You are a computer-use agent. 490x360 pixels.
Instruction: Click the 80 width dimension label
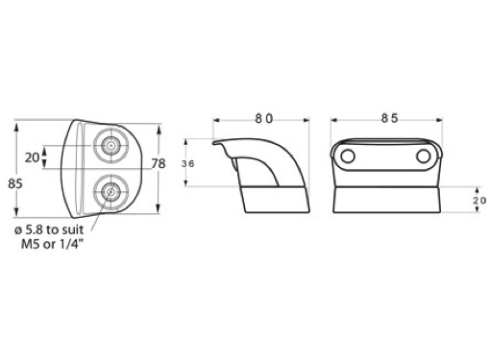pyautogui.click(x=264, y=119)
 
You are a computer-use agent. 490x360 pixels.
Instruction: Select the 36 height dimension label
pyautogui.click(x=187, y=164)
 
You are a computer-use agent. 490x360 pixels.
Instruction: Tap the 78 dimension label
pyautogui.click(x=159, y=164)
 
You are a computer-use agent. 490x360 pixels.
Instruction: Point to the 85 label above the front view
pyautogui.click(x=389, y=118)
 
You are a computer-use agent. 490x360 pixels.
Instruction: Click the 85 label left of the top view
pyautogui.click(x=15, y=184)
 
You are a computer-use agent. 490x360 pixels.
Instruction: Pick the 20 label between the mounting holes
pyautogui.click(x=32, y=157)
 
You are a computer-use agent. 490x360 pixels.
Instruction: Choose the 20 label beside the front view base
pyautogui.click(x=479, y=201)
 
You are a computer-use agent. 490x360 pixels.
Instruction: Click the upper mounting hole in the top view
pyautogui.click(x=110, y=145)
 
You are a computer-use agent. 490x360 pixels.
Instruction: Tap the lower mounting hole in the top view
pyautogui.click(x=110, y=192)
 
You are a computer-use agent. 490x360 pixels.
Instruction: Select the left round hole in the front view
pyautogui.click(x=347, y=156)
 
